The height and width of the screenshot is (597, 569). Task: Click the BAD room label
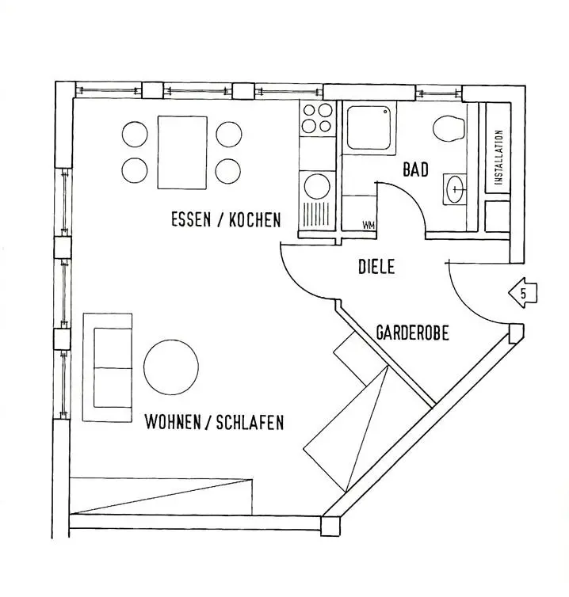click(416, 169)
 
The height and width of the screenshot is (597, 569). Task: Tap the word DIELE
click(376, 268)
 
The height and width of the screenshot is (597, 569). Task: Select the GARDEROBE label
click(412, 333)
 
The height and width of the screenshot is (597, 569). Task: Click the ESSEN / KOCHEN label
click(226, 219)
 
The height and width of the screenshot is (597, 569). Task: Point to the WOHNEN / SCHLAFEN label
click(214, 422)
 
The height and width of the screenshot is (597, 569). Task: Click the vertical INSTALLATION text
click(498, 158)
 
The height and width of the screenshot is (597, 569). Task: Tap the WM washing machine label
click(368, 226)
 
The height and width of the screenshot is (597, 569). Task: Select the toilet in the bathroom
click(450, 129)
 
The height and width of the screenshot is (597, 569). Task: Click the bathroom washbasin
click(455, 189)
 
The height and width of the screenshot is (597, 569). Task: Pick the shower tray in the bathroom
click(369, 129)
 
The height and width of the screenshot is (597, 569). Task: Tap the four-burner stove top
click(317, 118)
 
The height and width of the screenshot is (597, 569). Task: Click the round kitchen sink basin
click(317, 187)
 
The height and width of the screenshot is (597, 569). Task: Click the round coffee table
click(171, 367)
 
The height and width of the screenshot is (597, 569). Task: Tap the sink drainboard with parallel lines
click(316, 215)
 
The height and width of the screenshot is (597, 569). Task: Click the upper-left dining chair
click(135, 133)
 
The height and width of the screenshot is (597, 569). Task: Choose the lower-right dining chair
click(228, 170)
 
